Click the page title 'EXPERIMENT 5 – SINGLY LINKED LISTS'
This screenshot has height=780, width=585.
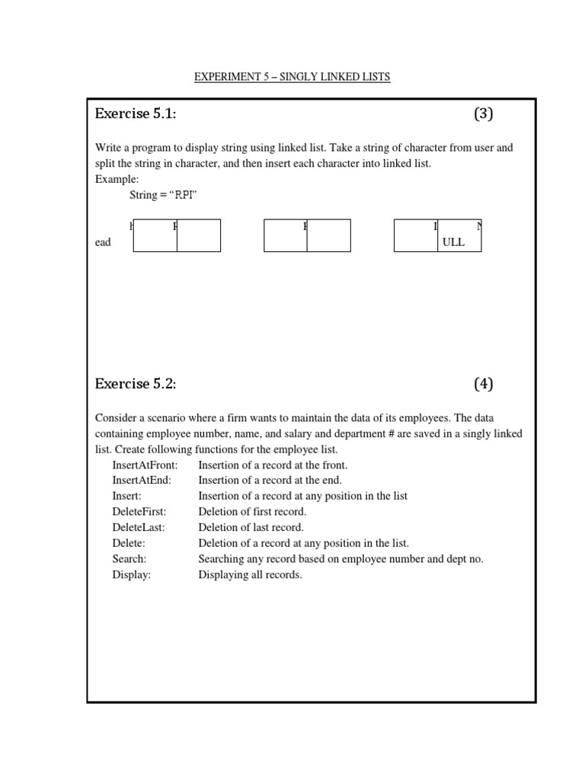pyautogui.click(x=292, y=77)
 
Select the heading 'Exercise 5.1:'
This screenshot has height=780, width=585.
pyautogui.click(x=136, y=114)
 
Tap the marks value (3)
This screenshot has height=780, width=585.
pyautogui.click(x=484, y=114)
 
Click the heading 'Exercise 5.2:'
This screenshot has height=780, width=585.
pyautogui.click(x=136, y=384)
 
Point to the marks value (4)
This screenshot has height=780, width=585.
pyautogui.click(x=484, y=384)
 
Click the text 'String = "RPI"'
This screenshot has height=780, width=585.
pyautogui.click(x=164, y=196)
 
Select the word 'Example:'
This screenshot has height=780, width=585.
pyautogui.click(x=117, y=179)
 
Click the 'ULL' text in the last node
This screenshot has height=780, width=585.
pyautogui.click(x=453, y=242)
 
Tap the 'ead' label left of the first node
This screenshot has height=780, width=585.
pyautogui.click(x=103, y=242)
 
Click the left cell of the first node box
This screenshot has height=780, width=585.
pyautogui.click(x=155, y=236)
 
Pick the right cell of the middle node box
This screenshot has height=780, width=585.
pyautogui.click(x=329, y=236)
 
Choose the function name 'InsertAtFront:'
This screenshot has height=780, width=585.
pyautogui.click(x=145, y=465)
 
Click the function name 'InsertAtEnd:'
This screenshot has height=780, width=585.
pyautogui.click(x=142, y=480)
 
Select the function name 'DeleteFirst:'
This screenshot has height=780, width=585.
pyautogui.click(x=139, y=511)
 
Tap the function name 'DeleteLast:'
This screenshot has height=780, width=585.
pyautogui.click(x=138, y=527)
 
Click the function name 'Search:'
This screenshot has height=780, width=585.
pyautogui.click(x=129, y=559)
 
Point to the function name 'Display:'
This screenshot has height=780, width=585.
pyautogui.click(x=131, y=575)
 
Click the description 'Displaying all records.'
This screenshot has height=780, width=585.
pyautogui.click(x=250, y=575)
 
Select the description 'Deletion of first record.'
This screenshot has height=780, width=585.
pyautogui.click(x=252, y=511)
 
